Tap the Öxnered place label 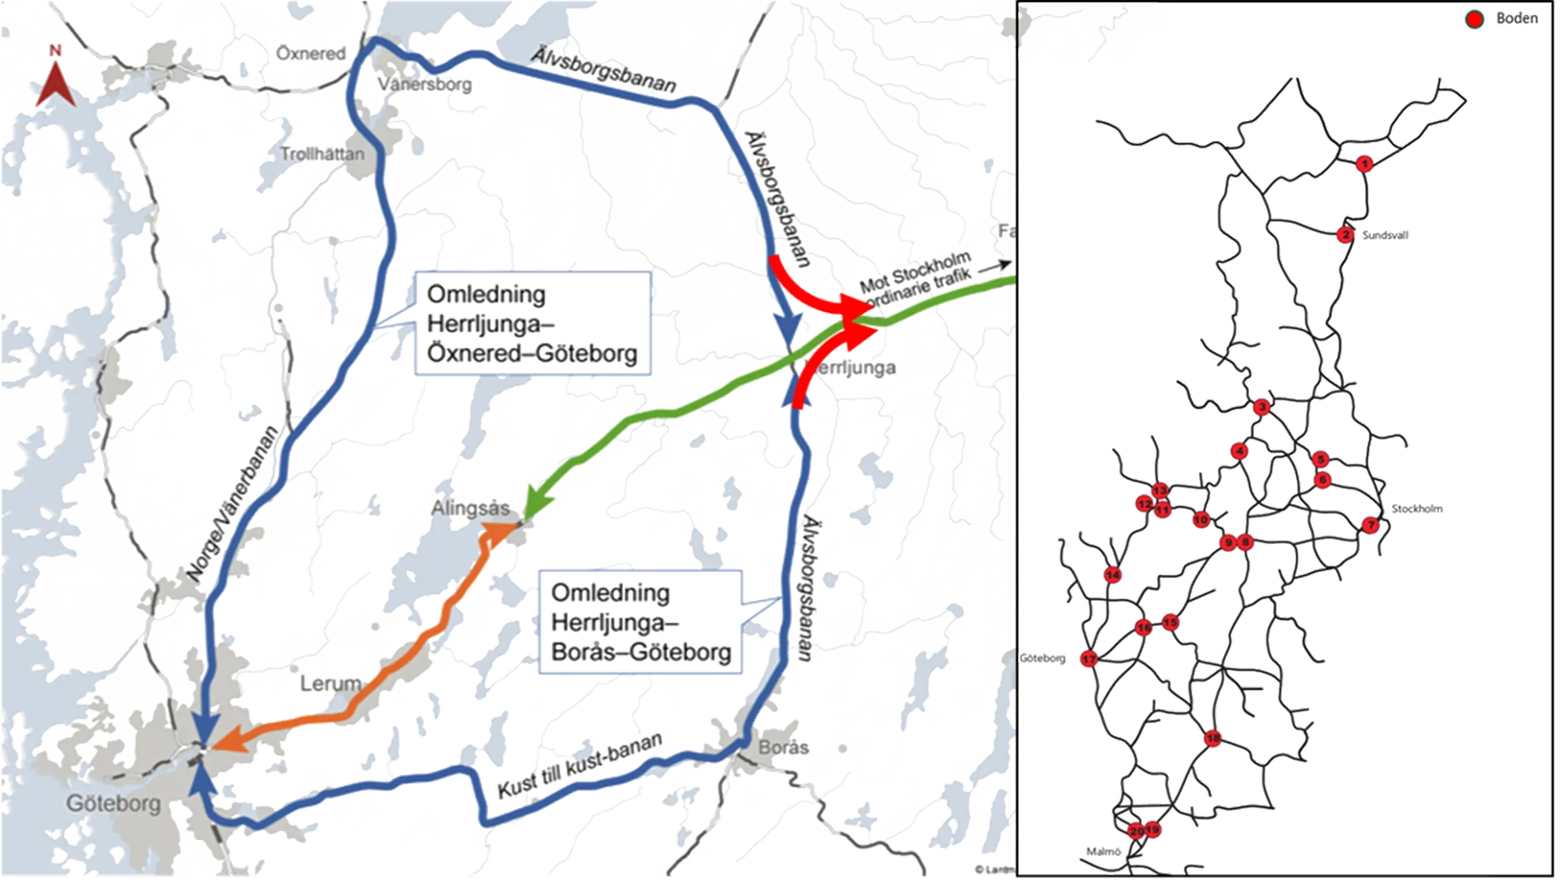click(x=311, y=54)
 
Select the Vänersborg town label click(x=425, y=84)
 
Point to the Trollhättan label click(x=323, y=154)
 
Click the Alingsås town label click(x=470, y=509)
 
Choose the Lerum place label click(x=330, y=684)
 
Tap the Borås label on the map click(x=783, y=747)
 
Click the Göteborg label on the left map click(x=114, y=804)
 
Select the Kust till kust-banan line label click(x=579, y=766)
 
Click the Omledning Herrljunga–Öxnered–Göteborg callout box click(x=532, y=323)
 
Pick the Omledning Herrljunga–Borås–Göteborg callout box click(x=641, y=622)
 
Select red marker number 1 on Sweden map click(x=1365, y=164)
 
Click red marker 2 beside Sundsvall click(x=1345, y=235)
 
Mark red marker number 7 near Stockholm click(x=1371, y=525)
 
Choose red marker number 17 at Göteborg click(x=1090, y=659)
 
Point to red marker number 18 click(x=1212, y=739)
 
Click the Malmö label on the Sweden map click(x=1103, y=852)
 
